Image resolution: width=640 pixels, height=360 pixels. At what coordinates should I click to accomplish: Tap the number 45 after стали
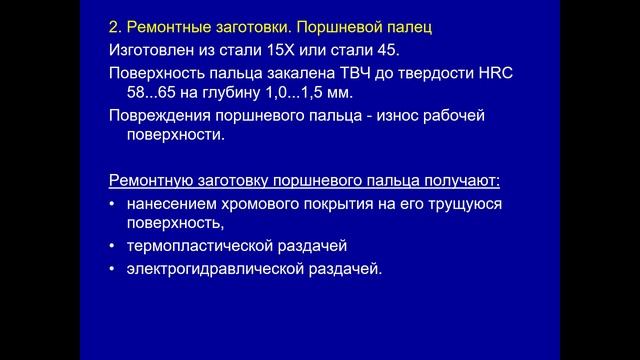click(x=405, y=48)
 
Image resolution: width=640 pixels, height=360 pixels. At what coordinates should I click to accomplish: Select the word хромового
click(x=267, y=203)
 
